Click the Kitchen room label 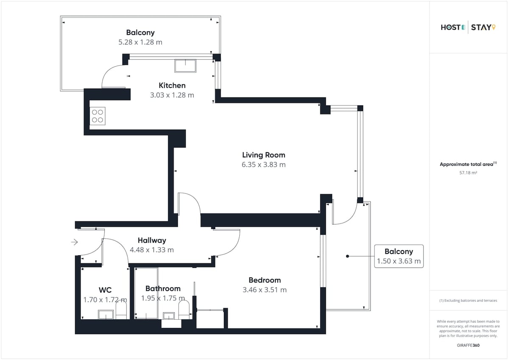point(172,85)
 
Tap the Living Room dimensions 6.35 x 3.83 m point(263,165)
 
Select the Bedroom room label point(265,280)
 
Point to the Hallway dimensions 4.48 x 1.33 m point(152,250)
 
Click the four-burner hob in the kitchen point(98,116)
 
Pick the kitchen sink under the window point(185,66)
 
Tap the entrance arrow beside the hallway point(75,242)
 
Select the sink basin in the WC point(106,315)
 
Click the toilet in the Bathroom point(184,310)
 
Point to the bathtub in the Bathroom point(146,293)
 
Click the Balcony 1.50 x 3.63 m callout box point(399,256)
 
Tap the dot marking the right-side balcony point(347,256)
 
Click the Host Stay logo point(468,28)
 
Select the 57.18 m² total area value point(468,173)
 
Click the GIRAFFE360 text point(468,345)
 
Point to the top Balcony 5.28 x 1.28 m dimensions point(140,42)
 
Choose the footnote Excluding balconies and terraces point(468,301)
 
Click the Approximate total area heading point(468,164)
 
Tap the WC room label point(105,290)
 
